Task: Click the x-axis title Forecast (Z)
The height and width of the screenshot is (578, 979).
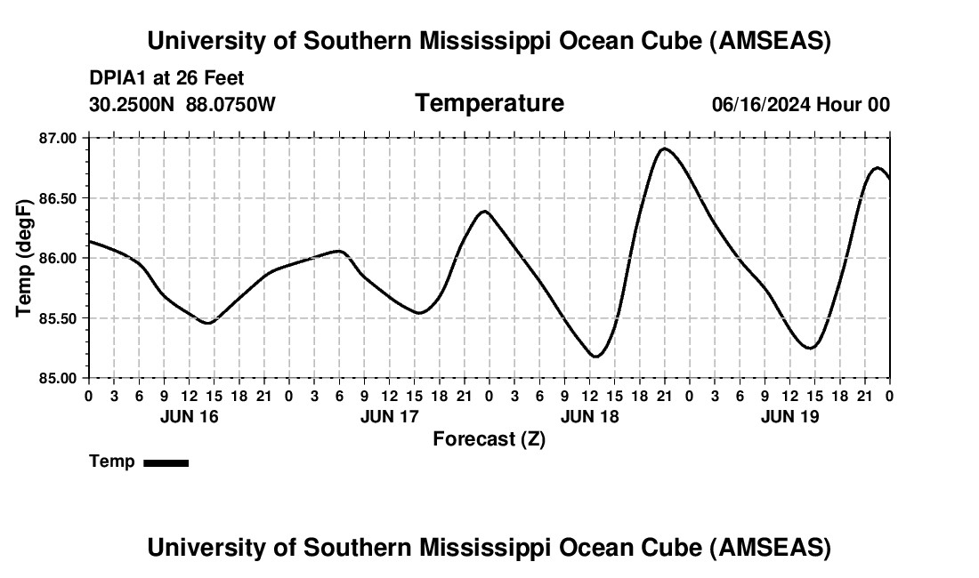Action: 489,438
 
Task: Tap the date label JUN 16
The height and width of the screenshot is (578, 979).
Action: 189,416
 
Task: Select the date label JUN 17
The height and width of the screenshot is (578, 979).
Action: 389,416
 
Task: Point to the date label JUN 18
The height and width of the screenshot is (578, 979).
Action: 589,416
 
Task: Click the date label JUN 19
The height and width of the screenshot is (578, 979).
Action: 789,416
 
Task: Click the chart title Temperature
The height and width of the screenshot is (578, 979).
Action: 489,103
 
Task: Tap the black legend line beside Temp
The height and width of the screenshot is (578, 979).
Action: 166,462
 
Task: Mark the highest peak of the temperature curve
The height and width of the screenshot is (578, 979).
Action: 664,149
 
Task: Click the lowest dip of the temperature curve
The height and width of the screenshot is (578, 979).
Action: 595,357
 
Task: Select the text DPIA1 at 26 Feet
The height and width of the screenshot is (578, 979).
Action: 166,78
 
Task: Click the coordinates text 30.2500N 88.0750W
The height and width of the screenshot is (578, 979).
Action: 182,105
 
